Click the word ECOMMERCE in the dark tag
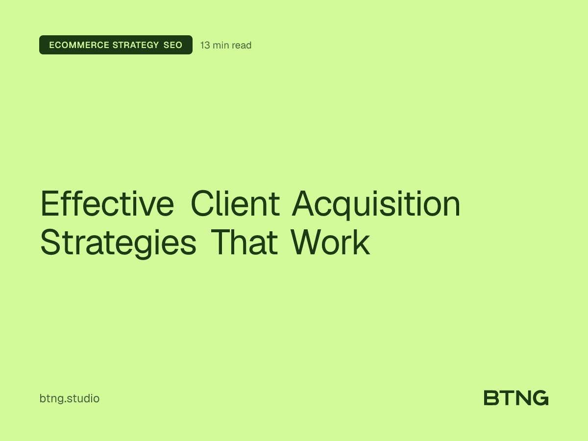click(x=79, y=45)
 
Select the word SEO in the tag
click(x=173, y=45)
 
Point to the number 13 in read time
click(x=205, y=45)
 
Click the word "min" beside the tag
click(x=221, y=45)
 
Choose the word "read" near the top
click(x=242, y=45)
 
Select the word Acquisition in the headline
click(x=376, y=205)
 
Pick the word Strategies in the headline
click(x=118, y=243)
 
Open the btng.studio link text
click(x=70, y=398)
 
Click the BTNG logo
click(x=516, y=398)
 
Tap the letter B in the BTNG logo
click(x=491, y=398)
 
